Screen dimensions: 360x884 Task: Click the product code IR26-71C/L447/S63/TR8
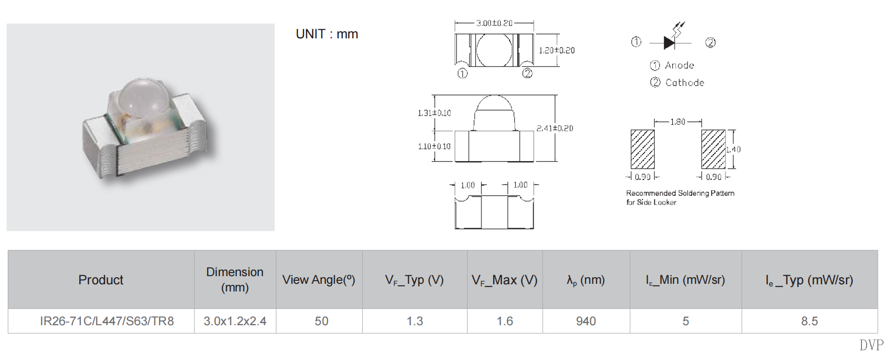107,321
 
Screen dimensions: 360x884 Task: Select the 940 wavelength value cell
586,321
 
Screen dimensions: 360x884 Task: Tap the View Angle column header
319,280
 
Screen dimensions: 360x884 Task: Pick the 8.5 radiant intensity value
809,321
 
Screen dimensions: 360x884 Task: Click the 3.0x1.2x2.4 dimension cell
235,321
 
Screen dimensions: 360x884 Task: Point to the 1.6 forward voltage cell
504,321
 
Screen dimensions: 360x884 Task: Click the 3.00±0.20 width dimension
494,23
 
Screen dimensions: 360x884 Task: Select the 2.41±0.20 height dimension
555,128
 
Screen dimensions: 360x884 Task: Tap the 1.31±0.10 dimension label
434,113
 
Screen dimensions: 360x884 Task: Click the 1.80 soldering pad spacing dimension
678,122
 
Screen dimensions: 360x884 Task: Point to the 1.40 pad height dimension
734,149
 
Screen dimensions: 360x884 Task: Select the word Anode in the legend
679,65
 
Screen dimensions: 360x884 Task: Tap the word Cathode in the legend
684,83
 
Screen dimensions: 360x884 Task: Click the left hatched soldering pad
643,149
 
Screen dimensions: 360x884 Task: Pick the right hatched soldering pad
713,149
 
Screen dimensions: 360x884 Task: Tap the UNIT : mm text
327,34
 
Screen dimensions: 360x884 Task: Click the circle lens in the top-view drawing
494,50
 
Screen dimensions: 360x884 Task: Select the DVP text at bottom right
871,345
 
